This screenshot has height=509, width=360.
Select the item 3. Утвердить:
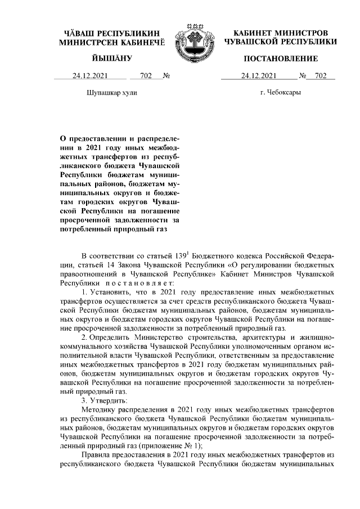[x=104, y=400]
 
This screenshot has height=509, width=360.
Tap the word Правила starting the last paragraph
[x=98, y=454]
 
